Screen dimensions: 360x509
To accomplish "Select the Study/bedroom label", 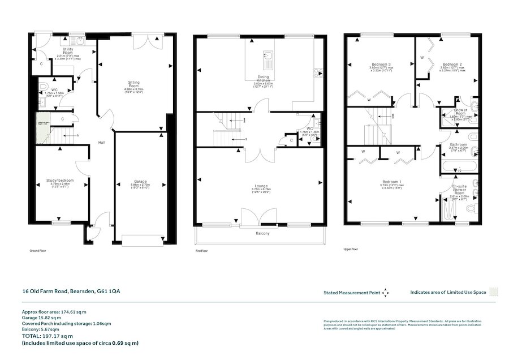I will point(60,181).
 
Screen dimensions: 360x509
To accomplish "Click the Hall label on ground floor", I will point(101,142).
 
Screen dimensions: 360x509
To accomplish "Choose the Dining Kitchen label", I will point(263,79).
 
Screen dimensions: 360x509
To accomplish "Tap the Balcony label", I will point(261,233).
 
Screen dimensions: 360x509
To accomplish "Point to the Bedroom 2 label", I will point(453,64).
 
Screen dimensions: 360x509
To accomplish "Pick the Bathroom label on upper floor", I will point(458,144).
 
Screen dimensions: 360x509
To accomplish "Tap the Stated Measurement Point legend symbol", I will point(386,293).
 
